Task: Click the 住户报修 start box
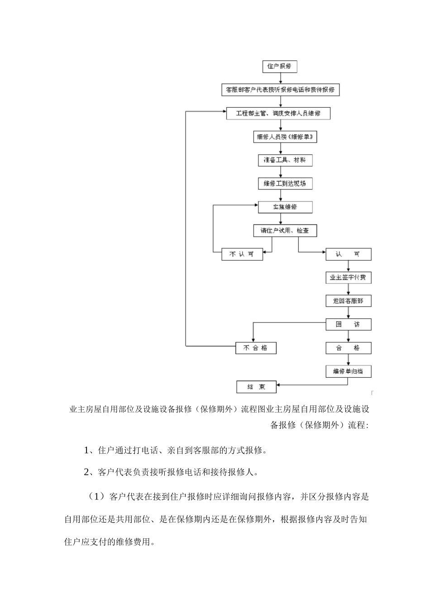click(279, 66)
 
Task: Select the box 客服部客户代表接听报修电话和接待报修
click(280, 90)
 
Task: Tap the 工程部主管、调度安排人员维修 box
click(278, 114)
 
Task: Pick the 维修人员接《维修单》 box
click(285, 137)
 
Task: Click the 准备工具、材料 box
click(285, 160)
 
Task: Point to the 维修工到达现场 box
click(285, 184)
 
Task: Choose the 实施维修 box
click(285, 207)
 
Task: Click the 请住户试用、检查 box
click(285, 231)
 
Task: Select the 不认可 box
click(242, 254)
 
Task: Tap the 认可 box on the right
click(348, 254)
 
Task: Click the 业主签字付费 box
click(348, 277)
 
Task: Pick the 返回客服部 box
click(348, 301)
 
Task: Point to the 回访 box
click(348, 324)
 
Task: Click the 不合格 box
click(256, 348)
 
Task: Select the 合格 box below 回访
click(348, 348)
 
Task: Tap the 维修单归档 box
click(348, 371)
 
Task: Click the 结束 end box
click(257, 387)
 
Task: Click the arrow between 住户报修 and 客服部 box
click(280, 78)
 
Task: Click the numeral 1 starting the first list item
click(87, 451)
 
